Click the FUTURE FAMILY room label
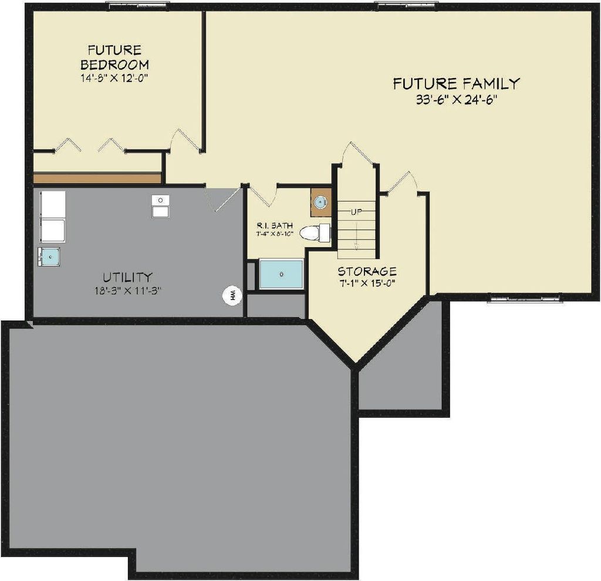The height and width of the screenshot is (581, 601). coord(456,83)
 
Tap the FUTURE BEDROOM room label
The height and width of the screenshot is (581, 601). coord(114,57)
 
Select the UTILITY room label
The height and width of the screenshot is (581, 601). coord(128,276)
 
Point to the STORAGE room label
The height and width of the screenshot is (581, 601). coord(367,271)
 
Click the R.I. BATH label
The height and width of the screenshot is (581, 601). coord(275,225)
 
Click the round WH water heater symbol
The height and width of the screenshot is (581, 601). coord(231,295)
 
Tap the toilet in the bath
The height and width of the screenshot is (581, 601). coord(313,233)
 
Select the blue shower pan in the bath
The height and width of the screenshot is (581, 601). coord(282,274)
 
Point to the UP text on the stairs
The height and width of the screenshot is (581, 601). coord(356,212)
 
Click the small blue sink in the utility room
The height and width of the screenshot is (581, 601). coord(50,256)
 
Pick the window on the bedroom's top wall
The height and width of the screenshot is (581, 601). coord(137,5)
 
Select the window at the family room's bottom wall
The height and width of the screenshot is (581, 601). coord(524,299)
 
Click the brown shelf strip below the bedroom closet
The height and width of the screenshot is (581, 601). coord(97,178)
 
